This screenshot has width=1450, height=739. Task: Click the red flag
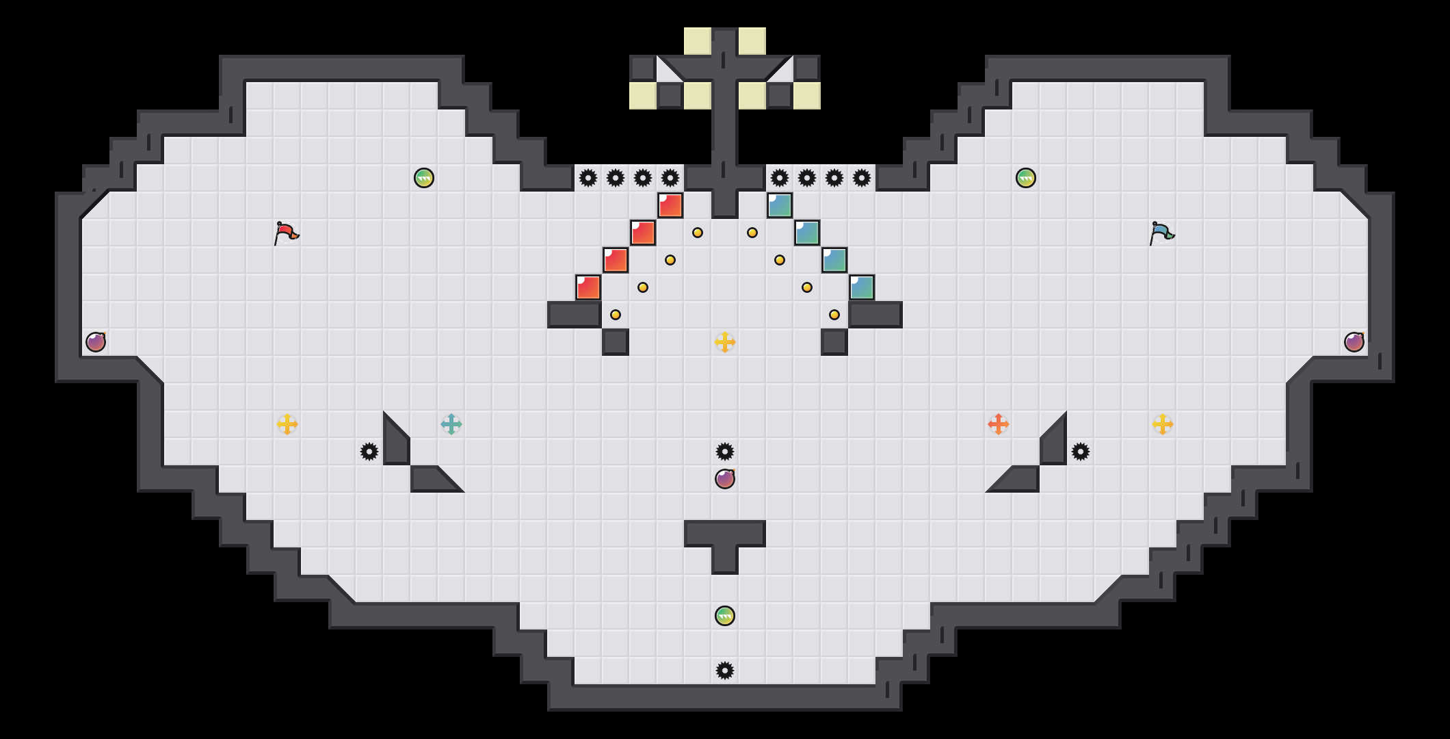click(286, 233)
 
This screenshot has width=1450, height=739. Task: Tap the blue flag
click(1161, 233)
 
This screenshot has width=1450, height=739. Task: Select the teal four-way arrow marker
click(451, 424)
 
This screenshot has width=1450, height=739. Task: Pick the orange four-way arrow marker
click(999, 424)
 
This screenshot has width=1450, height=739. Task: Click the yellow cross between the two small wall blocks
click(725, 342)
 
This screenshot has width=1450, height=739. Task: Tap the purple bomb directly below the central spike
click(725, 479)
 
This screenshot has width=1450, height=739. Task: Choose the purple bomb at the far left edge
click(96, 342)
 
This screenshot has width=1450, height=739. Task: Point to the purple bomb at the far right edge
click(1354, 342)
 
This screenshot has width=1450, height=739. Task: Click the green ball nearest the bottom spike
click(725, 616)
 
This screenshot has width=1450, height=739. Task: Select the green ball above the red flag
click(424, 178)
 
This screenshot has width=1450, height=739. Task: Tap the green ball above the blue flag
click(1026, 178)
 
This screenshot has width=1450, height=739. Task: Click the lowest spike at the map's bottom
click(725, 671)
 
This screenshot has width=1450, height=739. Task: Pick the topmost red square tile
click(670, 205)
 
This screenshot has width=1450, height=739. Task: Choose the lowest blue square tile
click(862, 287)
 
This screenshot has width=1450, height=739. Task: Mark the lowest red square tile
click(588, 287)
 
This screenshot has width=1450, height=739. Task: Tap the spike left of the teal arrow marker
click(369, 452)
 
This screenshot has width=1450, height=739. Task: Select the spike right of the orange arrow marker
click(1081, 452)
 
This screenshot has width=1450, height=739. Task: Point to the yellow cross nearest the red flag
click(287, 424)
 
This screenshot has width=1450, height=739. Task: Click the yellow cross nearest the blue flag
click(1163, 424)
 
